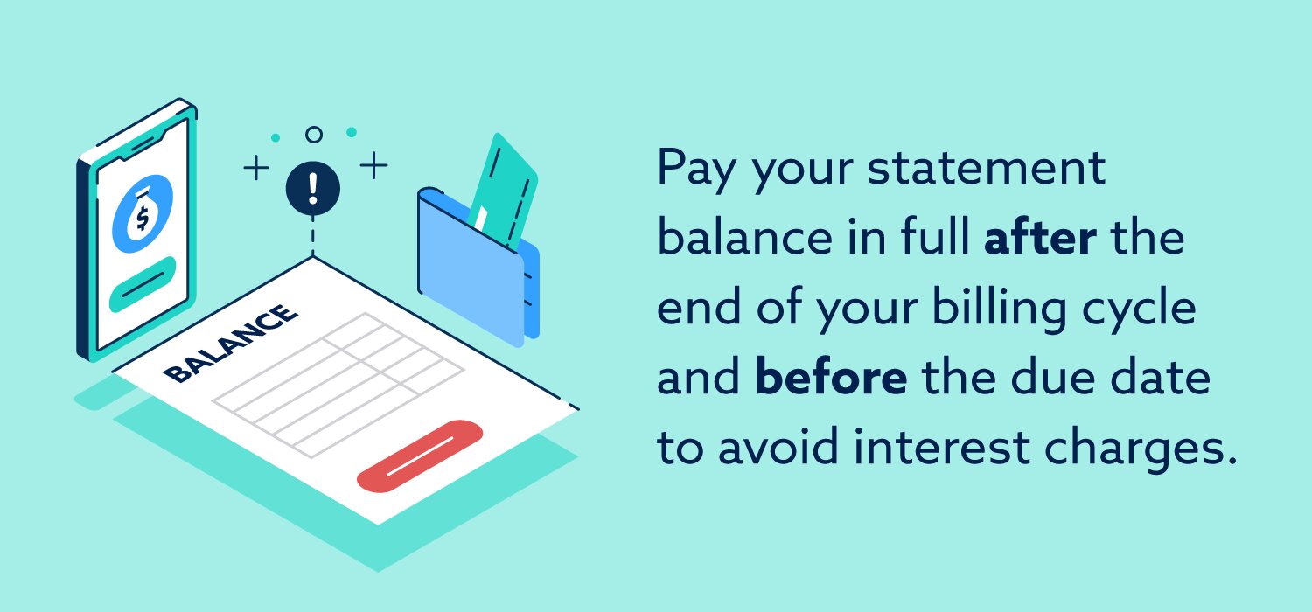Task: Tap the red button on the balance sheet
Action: click(420, 455)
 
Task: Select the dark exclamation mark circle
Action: click(313, 185)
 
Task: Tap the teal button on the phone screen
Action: click(142, 285)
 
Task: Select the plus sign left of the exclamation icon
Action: click(255, 168)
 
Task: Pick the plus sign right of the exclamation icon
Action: click(373, 165)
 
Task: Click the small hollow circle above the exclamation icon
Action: click(313, 135)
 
